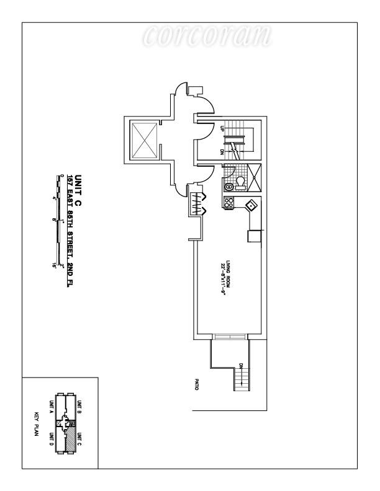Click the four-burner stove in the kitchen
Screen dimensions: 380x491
click(x=228, y=202)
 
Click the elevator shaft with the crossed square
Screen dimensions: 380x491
click(x=145, y=137)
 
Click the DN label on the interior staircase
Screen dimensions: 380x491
click(x=222, y=151)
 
